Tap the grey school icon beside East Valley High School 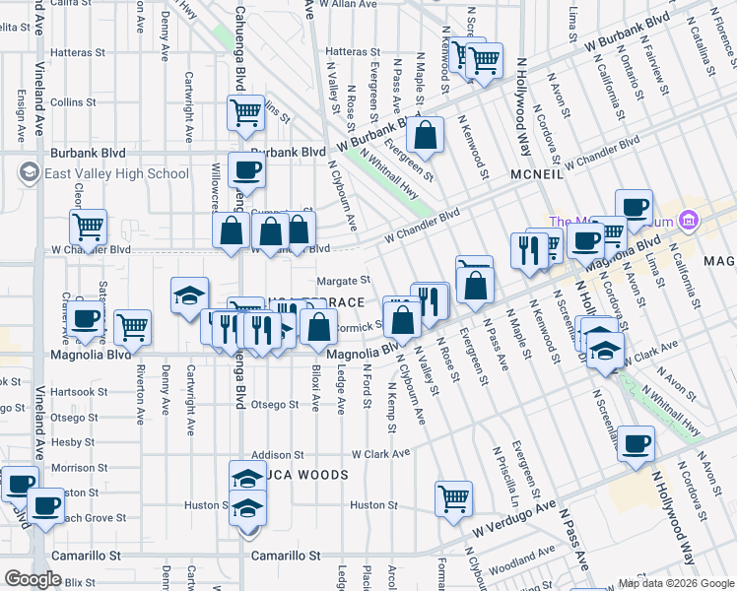click(28, 174)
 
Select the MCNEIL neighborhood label click(536, 173)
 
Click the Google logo click(33, 579)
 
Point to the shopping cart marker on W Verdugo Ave click(453, 497)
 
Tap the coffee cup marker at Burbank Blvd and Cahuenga click(246, 169)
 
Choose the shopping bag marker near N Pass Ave click(427, 135)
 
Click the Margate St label click(344, 281)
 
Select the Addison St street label click(277, 455)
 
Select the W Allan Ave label click(354, 5)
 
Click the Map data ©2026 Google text click(675, 583)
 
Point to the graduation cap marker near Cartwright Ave click(189, 295)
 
